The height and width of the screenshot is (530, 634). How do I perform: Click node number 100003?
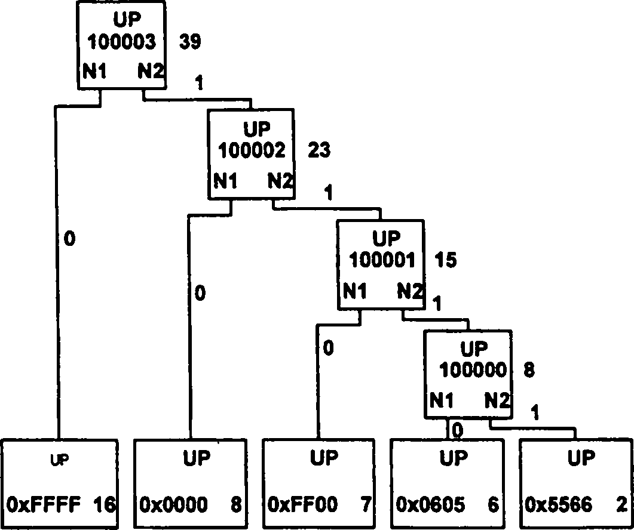tap(123, 42)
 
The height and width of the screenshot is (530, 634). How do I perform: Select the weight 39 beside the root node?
tap(189, 42)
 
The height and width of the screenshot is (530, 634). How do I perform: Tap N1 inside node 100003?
tap(96, 72)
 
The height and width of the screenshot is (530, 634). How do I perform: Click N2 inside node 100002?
tap(280, 180)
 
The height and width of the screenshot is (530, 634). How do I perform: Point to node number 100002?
tap(252, 151)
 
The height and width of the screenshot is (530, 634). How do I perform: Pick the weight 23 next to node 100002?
tap(318, 151)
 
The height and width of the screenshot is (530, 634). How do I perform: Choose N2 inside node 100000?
tap(497, 398)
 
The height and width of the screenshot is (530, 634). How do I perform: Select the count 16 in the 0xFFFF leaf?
tap(104, 505)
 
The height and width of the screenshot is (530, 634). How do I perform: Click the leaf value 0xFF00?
tap(302, 505)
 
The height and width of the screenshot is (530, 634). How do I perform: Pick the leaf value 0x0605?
tap(431, 505)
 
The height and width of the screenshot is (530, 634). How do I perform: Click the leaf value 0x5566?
tap(559, 505)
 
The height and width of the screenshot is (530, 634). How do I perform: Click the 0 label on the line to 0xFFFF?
tap(70, 239)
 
